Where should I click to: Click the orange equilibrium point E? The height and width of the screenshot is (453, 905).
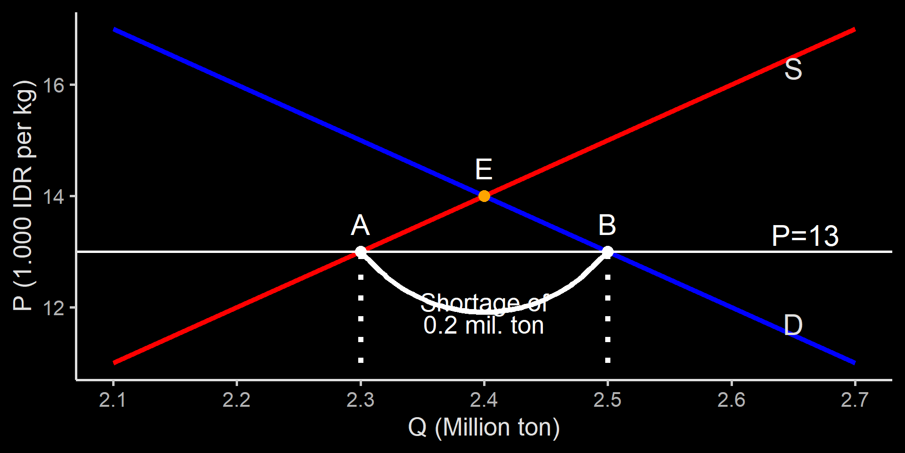pos(484,196)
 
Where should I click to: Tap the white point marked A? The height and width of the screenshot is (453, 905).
pos(361,252)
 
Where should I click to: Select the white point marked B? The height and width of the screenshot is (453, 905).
pos(608,252)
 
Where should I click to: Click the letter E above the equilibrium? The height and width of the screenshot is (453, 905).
pos(484,169)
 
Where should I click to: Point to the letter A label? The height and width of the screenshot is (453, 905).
pos(361,225)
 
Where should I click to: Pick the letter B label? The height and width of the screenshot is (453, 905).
pos(607,225)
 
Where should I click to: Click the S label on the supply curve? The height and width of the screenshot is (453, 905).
pos(793,69)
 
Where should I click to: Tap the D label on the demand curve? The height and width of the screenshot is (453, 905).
pos(793,325)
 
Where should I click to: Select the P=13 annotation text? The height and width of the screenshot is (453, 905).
pos(805,236)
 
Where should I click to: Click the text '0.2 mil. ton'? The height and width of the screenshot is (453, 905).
pos(484,326)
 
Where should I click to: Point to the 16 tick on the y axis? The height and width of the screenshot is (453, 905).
pos(53,85)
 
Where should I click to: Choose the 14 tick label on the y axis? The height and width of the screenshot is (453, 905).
pos(53,197)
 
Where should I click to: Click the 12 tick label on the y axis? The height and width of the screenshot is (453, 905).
pos(53,308)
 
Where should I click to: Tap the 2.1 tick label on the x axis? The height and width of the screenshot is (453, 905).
pos(113,400)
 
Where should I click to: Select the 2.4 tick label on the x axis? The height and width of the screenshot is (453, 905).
pos(484,400)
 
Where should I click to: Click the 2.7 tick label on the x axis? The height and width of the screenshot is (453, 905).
pos(855,400)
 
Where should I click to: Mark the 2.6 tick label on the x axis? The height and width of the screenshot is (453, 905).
pos(732,400)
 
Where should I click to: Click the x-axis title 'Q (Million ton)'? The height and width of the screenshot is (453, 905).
pos(484,428)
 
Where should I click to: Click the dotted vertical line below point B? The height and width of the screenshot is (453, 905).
pos(608,319)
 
